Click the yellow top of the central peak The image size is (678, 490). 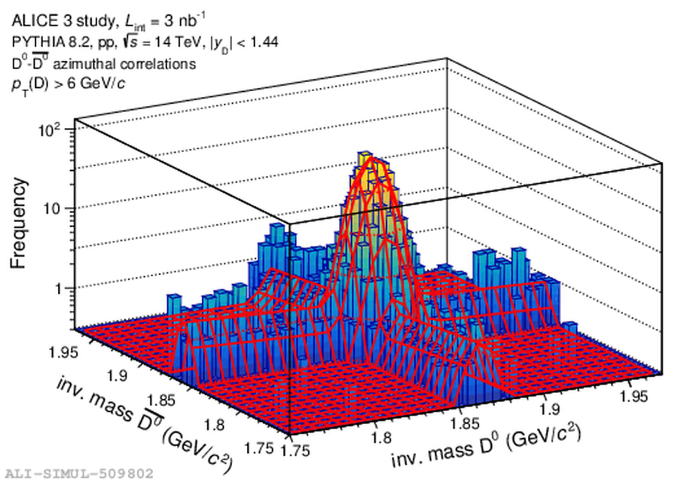coord(366,164)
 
